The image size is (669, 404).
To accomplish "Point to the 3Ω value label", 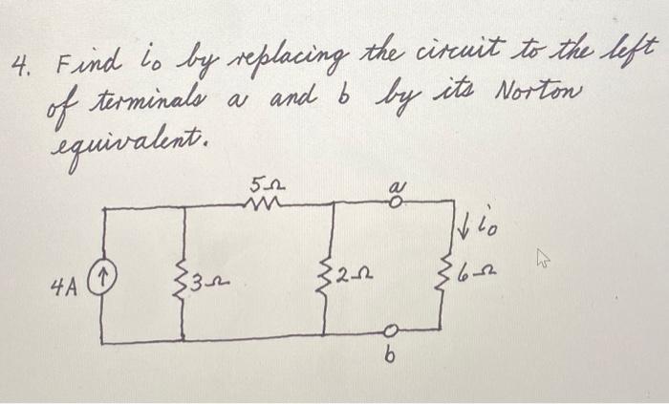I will [x=206, y=285].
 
